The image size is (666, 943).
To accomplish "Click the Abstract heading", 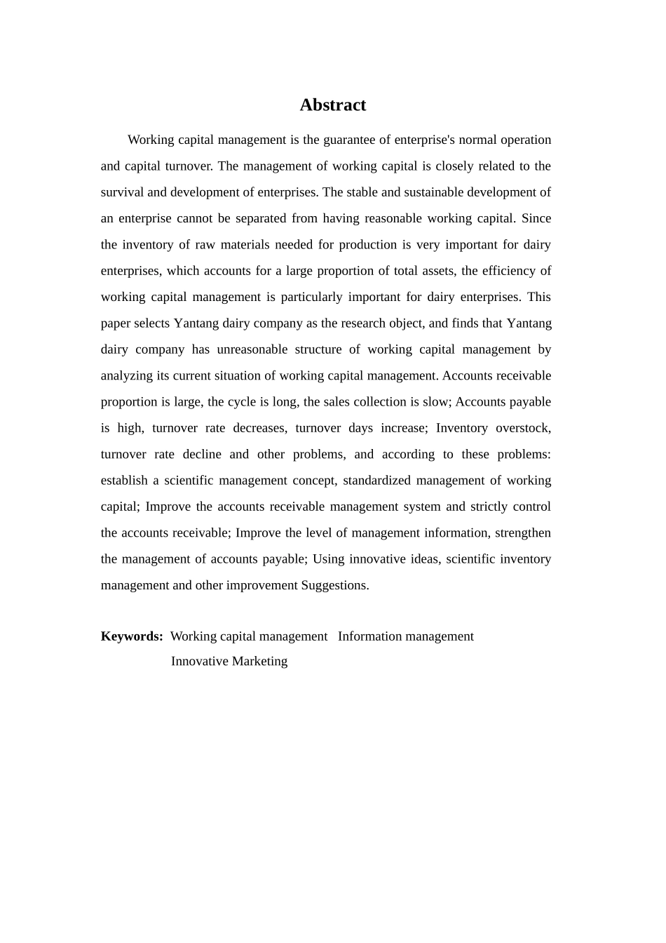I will point(332,105).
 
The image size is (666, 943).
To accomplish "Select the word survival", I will point(122,192).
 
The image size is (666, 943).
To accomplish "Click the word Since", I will point(536,218).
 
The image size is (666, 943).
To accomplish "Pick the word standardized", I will point(376,481).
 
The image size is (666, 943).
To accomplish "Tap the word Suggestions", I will point(334,585).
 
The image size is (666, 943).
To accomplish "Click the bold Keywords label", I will point(132,636).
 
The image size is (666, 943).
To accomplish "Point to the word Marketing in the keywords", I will point(259,661).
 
